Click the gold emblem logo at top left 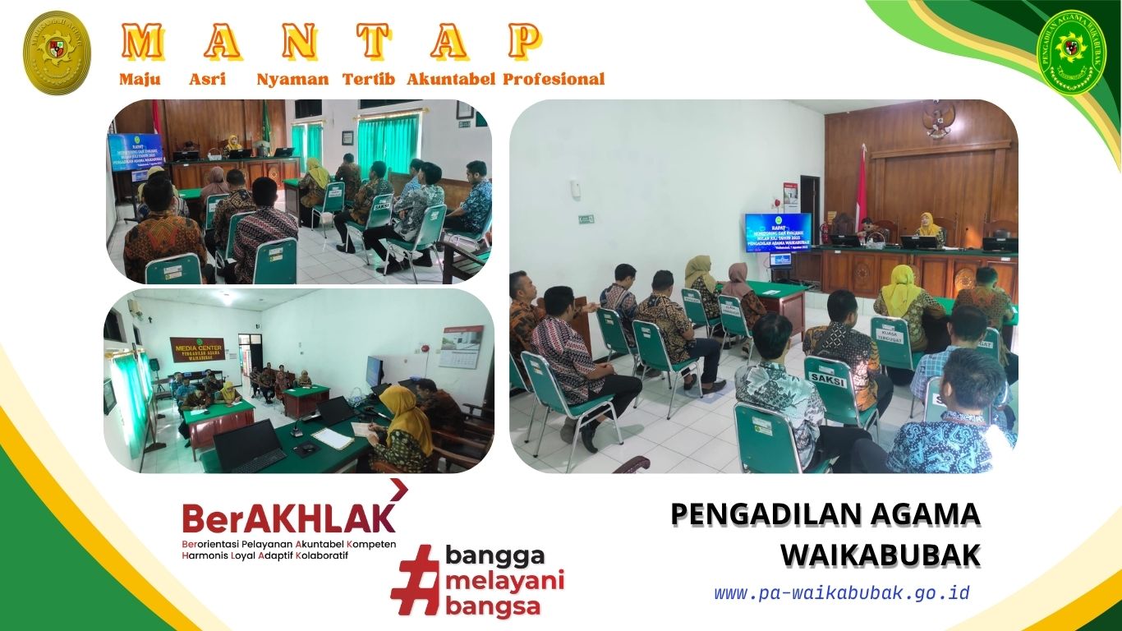tap(57, 52)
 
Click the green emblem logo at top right tap(1072, 52)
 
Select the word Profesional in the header tap(554, 80)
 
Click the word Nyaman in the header tap(292, 80)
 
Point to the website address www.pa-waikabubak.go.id tap(842, 593)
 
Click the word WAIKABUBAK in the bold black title tap(880, 555)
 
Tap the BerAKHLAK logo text tap(288, 518)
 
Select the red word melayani tap(505, 582)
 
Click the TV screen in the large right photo tap(778, 233)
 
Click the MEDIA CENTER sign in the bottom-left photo tap(197, 348)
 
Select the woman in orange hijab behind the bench tap(929, 227)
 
